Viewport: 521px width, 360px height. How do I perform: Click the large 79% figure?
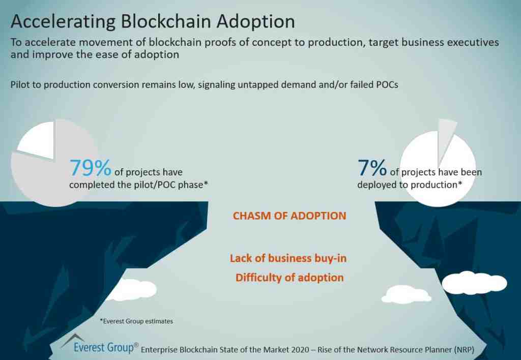click(91, 168)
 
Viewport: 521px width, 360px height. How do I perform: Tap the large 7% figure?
click(372, 167)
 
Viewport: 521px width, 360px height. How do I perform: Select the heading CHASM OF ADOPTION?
click(289, 216)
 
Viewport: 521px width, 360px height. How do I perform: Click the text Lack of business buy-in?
click(288, 258)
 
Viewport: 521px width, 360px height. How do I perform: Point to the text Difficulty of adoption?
click(289, 278)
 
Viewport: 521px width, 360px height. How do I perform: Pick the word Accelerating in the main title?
click(63, 21)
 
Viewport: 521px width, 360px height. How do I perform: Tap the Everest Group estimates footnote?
click(136, 321)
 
